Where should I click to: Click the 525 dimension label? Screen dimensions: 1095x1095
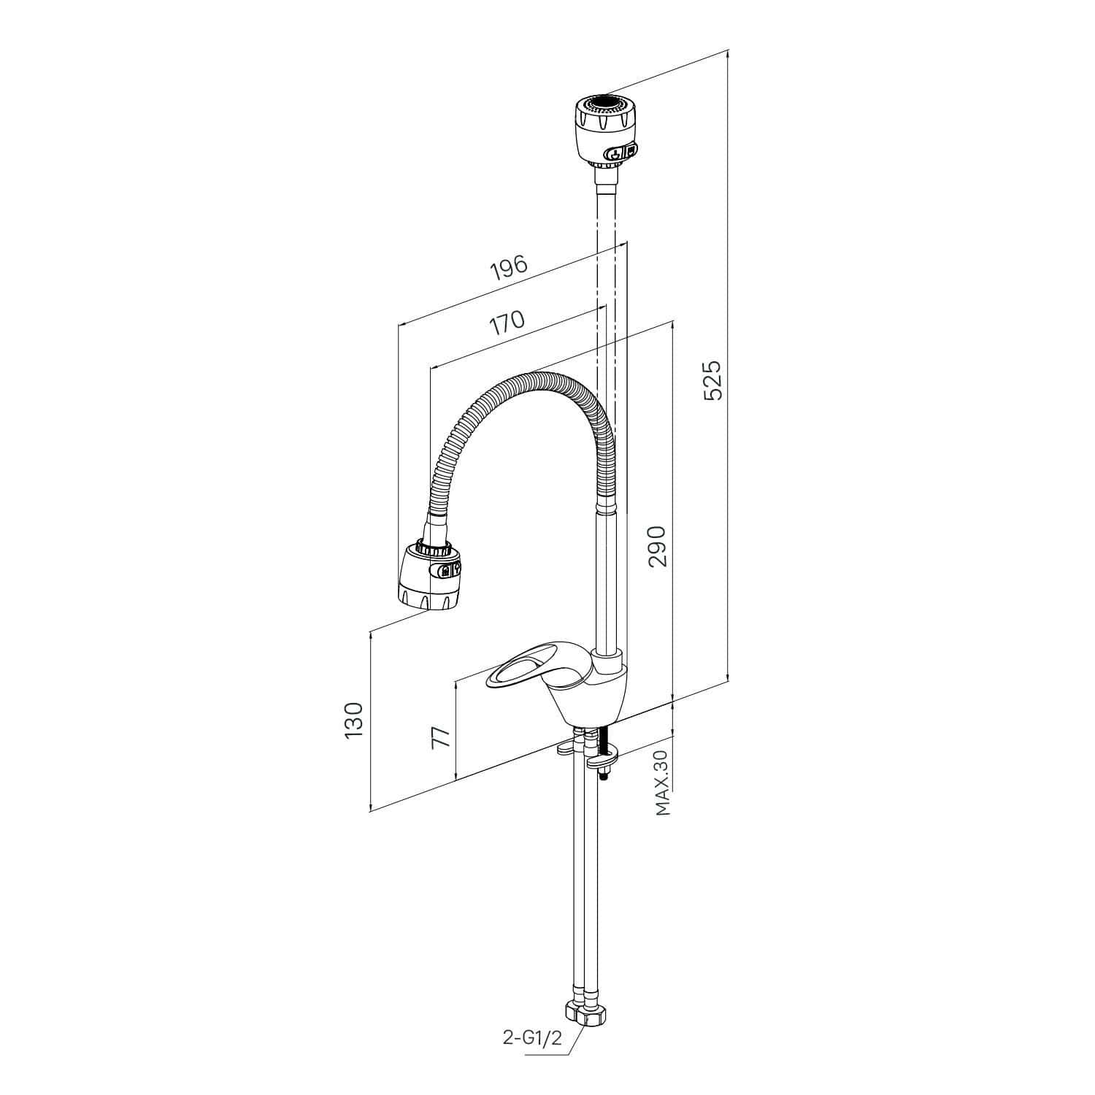pyautogui.click(x=712, y=379)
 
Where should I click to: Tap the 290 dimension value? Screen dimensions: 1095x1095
pyautogui.click(x=658, y=546)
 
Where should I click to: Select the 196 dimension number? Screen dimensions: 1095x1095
pyautogui.click(x=509, y=268)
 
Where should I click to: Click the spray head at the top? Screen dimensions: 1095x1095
pyautogui.click(x=605, y=131)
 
